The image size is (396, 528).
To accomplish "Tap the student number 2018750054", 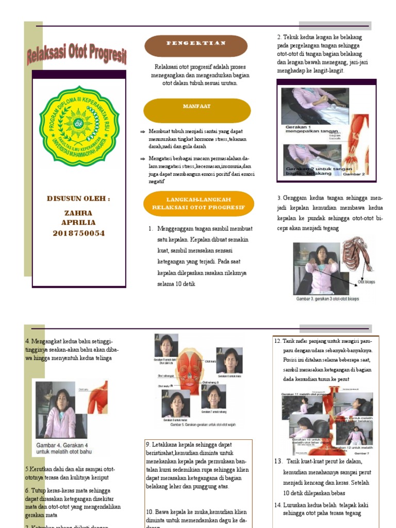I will [79, 233].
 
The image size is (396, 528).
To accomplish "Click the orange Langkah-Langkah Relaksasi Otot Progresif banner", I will [199, 203].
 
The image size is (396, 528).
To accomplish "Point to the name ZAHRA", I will [78, 213].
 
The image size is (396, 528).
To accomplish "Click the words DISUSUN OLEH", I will [78, 199].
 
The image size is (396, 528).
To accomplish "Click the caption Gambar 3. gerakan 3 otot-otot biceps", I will [327, 299].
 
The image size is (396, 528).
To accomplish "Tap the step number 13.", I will [278, 461].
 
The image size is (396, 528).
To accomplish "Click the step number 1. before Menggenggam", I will [151, 228].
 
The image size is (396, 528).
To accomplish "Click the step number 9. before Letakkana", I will [148, 444].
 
